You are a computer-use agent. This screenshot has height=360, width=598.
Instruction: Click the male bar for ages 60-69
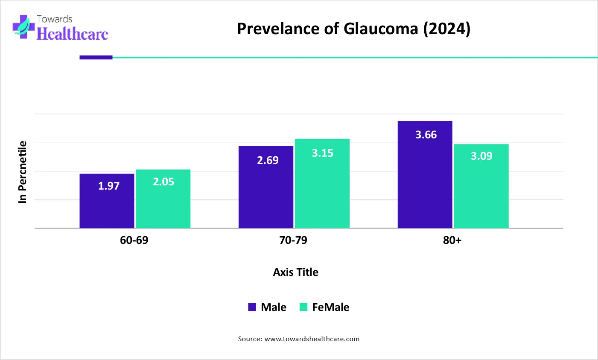tap(107, 201)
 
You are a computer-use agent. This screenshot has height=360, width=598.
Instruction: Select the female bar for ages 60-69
tap(163, 199)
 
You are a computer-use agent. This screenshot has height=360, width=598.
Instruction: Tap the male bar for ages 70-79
tap(266, 187)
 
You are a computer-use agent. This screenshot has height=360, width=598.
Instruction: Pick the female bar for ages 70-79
tap(322, 184)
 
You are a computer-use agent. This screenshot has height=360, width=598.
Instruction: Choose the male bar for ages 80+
tap(425, 175)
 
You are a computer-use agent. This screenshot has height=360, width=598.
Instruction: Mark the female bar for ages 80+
tap(481, 186)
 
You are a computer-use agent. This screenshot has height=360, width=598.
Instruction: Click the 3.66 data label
tap(426, 135)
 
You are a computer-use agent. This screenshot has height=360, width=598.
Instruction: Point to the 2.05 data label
tap(163, 182)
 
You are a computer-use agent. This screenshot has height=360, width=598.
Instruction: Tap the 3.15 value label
tap(323, 153)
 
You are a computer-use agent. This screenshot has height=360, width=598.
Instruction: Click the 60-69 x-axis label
tap(134, 240)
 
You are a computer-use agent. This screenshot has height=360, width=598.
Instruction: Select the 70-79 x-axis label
tap(293, 240)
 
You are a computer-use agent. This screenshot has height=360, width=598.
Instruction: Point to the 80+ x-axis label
tap(452, 240)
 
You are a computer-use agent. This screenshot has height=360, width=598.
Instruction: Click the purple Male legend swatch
tap(252, 307)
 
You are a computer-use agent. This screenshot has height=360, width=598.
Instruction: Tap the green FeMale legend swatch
tap(303, 307)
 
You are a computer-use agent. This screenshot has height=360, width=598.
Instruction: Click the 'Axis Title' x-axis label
tap(295, 272)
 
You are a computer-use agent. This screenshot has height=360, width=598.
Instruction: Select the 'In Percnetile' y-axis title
tap(23, 172)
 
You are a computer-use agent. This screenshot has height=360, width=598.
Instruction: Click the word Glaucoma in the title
tap(381, 29)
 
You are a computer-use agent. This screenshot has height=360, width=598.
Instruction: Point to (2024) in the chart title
tap(446, 29)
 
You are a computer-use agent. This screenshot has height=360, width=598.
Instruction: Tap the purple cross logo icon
tap(23, 27)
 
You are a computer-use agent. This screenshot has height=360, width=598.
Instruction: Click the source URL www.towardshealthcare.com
tap(312, 339)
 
